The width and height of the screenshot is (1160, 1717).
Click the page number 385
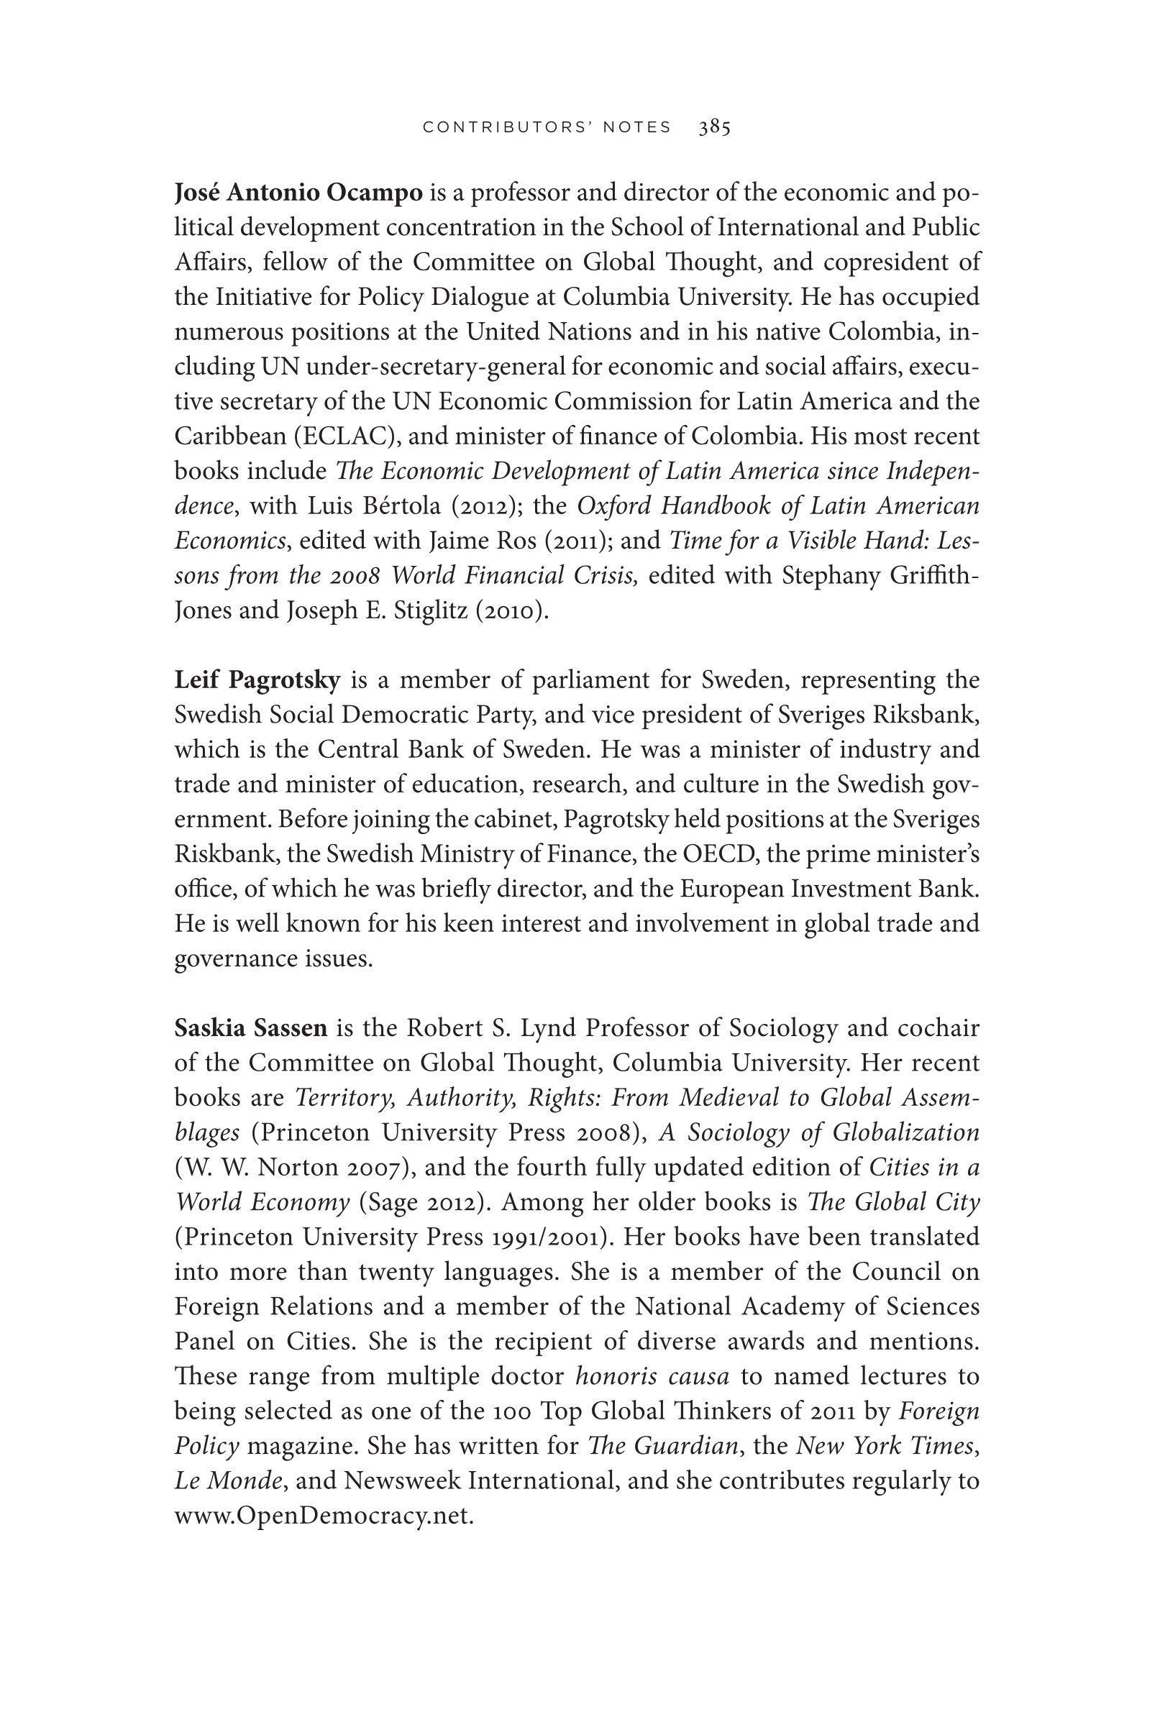click(x=714, y=127)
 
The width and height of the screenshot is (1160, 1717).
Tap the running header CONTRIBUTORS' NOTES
click(x=547, y=127)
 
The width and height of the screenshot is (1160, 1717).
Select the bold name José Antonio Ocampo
click(x=298, y=193)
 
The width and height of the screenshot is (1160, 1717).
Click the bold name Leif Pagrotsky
click(x=257, y=679)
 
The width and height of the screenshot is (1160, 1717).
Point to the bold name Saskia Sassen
click(x=250, y=1027)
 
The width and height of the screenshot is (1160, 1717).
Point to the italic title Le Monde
click(x=227, y=1481)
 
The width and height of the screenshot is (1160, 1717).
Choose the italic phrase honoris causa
click(x=652, y=1376)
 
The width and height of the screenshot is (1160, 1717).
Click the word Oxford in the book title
click(x=614, y=506)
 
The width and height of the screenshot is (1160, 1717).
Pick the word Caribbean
click(x=231, y=436)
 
